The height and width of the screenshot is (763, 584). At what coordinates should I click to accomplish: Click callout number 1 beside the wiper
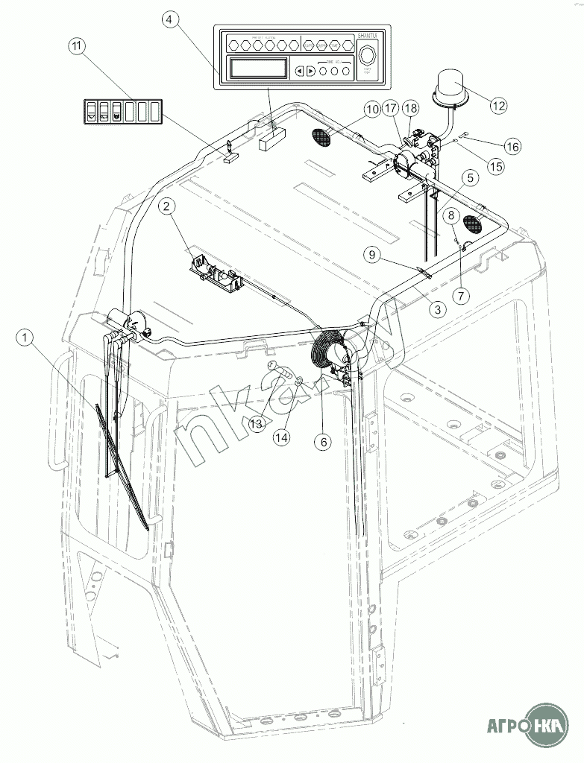(x=27, y=339)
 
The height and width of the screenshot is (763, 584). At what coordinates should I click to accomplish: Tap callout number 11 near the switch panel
(x=76, y=46)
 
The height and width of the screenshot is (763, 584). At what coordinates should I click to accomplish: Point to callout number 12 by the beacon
(x=498, y=105)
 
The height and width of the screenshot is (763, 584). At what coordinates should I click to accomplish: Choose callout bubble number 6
(x=324, y=442)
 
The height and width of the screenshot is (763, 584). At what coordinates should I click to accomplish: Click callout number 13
(x=257, y=423)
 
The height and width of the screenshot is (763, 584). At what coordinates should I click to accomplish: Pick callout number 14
(x=280, y=438)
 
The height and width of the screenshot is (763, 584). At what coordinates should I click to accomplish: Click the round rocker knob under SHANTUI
(x=367, y=57)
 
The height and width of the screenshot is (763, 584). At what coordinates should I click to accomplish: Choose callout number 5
(x=469, y=179)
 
